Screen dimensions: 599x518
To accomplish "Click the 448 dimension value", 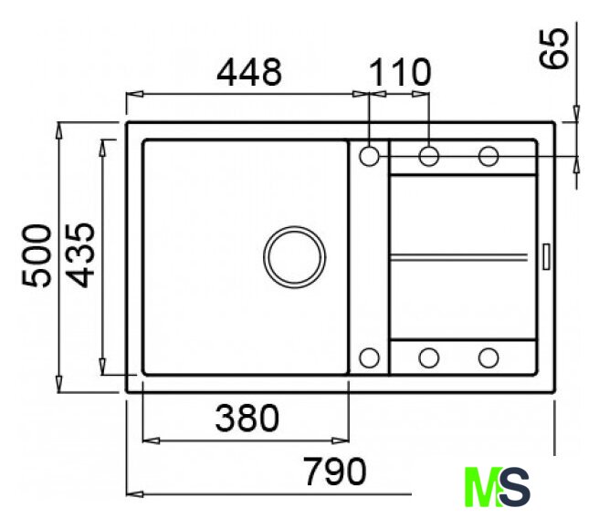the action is click(249, 72).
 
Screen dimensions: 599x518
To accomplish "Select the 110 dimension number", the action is click(400, 72).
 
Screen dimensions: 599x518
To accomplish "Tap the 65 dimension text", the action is click(553, 49).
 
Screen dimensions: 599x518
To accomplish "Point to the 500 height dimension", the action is click(37, 255).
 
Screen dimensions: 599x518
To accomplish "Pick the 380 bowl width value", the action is click(247, 418).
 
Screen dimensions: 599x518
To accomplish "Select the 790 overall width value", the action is click(334, 471).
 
